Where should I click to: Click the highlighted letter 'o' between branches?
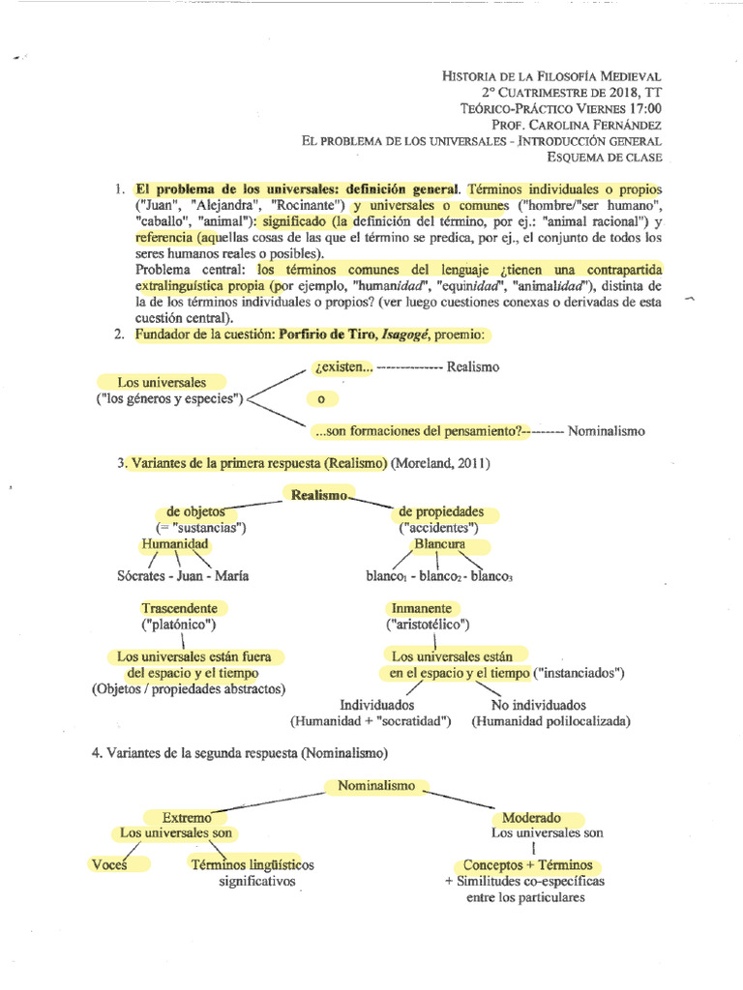tap(319, 398)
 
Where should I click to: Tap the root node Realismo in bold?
tap(318, 494)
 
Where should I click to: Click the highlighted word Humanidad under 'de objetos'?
tap(175, 544)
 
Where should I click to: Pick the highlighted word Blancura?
tap(440, 544)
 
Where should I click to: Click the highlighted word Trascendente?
tap(185, 608)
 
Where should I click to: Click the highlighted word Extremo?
tap(187, 818)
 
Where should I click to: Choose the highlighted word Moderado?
tap(531, 818)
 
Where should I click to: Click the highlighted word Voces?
tap(108, 864)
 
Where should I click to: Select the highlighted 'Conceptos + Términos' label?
tap(527, 864)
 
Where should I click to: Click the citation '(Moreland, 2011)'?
tap(440, 463)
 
